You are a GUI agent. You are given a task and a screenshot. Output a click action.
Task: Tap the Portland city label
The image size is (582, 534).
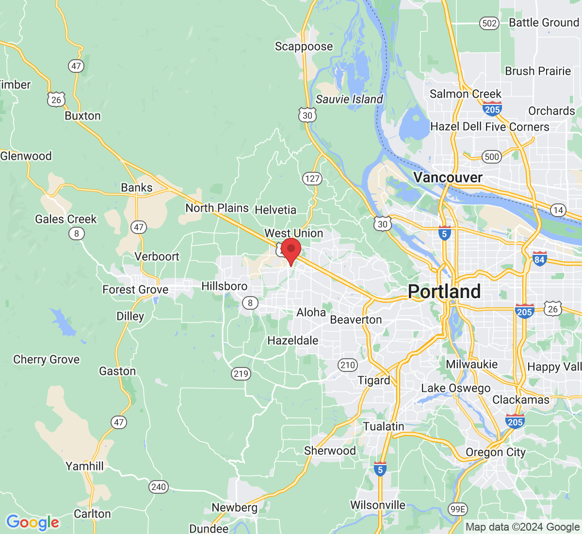(x=444, y=291)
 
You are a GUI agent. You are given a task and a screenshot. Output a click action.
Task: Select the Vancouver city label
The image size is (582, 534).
(x=448, y=178)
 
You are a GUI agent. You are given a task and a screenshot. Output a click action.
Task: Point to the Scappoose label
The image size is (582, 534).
(x=304, y=47)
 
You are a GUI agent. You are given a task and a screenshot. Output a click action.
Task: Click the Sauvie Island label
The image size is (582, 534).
(x=349, y=100)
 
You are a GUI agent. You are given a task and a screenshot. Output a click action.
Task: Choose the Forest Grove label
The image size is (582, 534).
(x=135, y=290)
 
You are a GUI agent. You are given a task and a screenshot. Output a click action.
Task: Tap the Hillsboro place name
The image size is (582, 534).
(x=224, y=286)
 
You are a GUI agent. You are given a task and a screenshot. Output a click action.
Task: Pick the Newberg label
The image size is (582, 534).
(x=234, y=508)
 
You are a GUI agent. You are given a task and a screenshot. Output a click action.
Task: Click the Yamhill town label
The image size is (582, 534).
(x=84, y=467)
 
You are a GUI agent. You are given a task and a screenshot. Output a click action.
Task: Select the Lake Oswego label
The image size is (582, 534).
(x=455, y=388)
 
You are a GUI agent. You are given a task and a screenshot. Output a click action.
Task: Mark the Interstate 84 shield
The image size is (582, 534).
(x=539, y=259)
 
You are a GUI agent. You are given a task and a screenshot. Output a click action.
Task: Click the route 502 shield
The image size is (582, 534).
(x=489, y=23)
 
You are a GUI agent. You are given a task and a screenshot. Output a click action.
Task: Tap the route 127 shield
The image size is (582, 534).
(x=312, y=179)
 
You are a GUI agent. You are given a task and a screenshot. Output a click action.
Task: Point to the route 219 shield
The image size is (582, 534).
(x=241, y=374)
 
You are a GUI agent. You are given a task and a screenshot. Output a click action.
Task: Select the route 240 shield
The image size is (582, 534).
(x=159, y=487)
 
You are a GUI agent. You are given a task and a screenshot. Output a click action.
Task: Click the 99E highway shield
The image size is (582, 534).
(x=457, y=509)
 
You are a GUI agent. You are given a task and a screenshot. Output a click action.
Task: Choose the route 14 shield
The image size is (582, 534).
(x=558, y=210)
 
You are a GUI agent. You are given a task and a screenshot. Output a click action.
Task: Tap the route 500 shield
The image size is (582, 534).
(x=492, y=156)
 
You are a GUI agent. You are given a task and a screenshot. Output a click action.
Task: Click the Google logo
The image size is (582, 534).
(x=32, y=523)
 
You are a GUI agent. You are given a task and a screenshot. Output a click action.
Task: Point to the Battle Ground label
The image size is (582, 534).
(x=544, y=23)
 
